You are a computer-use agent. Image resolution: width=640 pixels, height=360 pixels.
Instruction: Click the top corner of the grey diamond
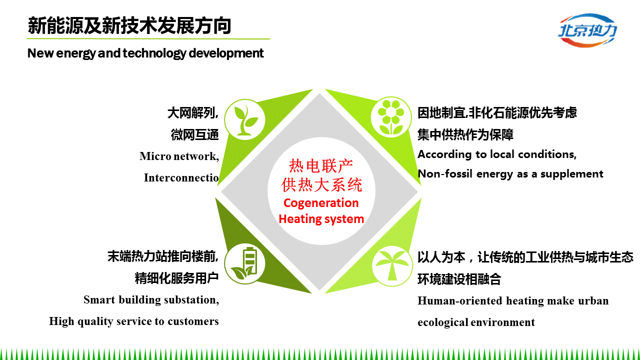point(319,93)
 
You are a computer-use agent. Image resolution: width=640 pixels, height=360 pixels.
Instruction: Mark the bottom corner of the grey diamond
point(319,290)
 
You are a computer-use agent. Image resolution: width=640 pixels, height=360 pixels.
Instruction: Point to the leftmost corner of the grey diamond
point(221,191)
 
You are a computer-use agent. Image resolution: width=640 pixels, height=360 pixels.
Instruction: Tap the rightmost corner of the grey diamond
point(418,191)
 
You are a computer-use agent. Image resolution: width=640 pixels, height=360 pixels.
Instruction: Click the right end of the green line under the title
point(270,38)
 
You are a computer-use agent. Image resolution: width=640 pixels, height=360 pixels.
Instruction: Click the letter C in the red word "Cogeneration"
point(287,203)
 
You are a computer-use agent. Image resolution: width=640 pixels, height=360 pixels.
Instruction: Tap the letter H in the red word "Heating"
point(282,219)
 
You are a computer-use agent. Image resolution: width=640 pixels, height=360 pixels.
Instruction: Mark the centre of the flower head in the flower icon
point(391,112)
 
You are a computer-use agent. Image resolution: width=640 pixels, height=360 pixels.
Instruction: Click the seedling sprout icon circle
point(245,119)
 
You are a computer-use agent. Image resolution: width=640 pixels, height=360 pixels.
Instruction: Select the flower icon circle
point(391,117)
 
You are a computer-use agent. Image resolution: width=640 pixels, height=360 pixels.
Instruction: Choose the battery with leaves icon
point(245,263)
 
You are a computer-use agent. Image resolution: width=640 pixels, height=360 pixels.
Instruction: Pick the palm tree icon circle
point(392,265)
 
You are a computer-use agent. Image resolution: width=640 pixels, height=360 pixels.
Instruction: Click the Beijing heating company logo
point(587,30)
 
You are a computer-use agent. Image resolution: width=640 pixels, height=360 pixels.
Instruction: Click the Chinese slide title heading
point(129,25)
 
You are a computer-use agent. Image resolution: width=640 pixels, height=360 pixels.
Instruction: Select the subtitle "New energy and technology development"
point(145,53)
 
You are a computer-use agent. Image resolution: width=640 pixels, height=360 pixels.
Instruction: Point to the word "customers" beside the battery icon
point(193,321)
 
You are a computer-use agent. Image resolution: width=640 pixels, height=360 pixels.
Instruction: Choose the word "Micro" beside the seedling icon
point(155,156)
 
